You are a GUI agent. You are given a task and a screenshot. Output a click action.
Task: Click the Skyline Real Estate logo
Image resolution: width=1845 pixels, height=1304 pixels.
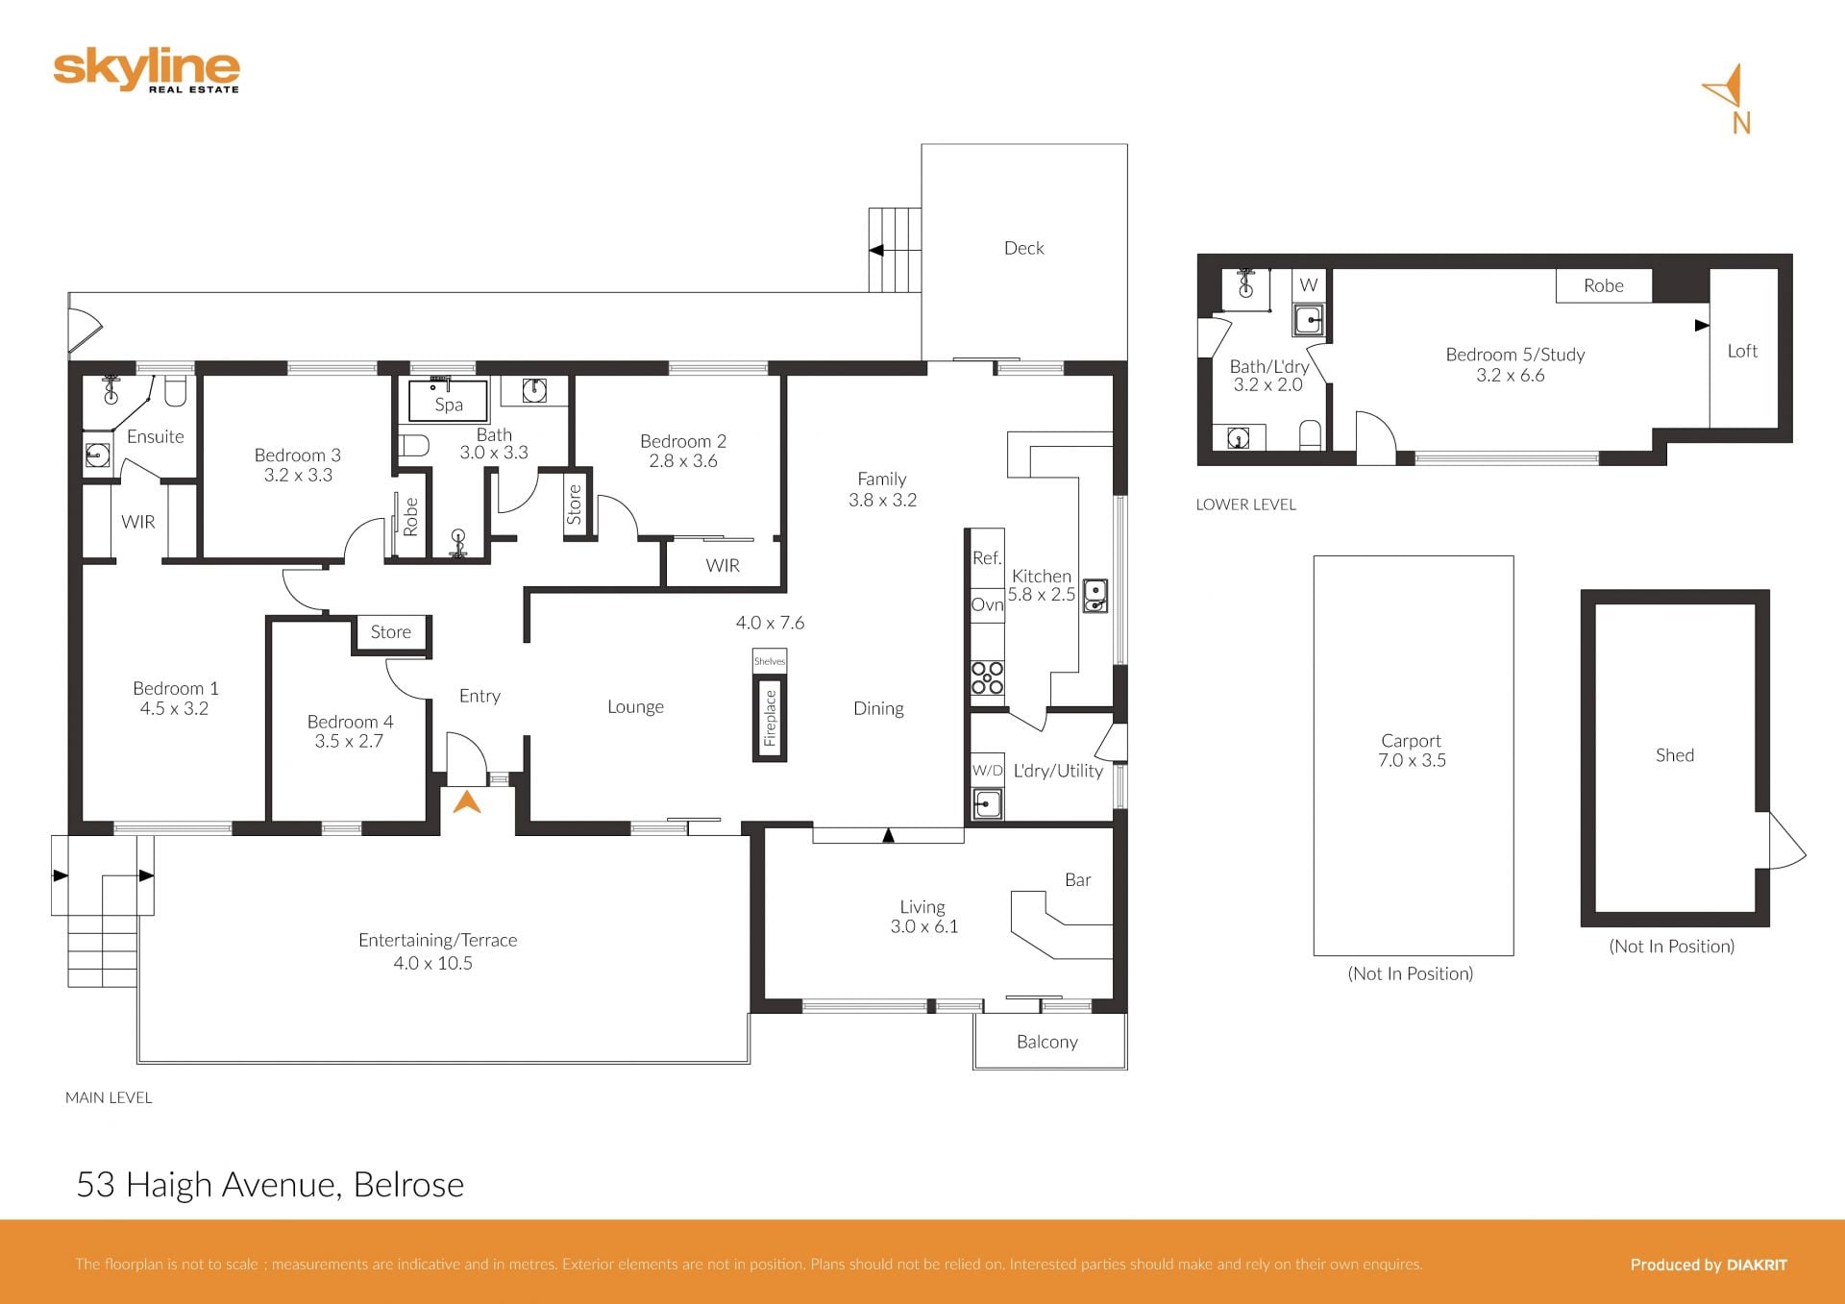click(x=146, y=72)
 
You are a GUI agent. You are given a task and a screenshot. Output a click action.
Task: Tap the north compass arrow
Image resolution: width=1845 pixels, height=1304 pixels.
click(x=1727, y=87)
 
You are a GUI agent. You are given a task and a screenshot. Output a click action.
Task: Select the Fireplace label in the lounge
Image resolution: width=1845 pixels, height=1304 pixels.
click(x=770, y=718)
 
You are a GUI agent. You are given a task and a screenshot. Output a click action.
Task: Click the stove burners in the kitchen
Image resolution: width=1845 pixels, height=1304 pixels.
click(x=987, y=677)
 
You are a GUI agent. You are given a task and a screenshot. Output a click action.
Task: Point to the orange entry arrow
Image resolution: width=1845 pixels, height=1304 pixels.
click(x=467, y=801)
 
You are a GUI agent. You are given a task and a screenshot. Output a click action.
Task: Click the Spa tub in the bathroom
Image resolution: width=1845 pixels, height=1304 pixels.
click(x=448, y=402)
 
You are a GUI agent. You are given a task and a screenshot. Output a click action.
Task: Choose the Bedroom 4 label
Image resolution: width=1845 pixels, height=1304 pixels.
click(x=350, y=722)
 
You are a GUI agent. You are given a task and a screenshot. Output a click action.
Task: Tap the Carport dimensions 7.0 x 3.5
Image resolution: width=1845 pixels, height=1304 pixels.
click(x=1412, y=760)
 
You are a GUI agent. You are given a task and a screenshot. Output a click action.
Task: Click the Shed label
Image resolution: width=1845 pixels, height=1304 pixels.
click(x=1675, y=755)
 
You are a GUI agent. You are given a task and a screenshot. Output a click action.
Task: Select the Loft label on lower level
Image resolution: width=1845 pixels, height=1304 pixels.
click(x=1742, y=352)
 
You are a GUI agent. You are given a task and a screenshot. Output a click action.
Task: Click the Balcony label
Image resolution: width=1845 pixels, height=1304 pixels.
click(x=1047, y=1043)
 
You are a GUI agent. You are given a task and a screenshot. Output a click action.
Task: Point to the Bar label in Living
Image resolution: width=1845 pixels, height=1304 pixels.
click(x=1077, y=880)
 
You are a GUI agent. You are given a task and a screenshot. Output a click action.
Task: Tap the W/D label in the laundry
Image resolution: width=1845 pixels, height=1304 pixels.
click(x=987, y=771)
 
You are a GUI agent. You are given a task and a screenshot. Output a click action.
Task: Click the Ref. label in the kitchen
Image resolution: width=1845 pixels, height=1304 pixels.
click(x=987, y=558)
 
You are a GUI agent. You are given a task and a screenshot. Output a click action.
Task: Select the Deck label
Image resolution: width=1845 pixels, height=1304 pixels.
click(x=1023, y=248)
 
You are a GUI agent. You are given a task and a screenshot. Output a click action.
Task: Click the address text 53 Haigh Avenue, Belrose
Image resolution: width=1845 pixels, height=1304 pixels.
click(x=270, y=1185)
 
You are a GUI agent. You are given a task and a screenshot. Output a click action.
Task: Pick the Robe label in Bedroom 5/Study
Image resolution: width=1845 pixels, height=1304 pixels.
click(x=1603, y=285)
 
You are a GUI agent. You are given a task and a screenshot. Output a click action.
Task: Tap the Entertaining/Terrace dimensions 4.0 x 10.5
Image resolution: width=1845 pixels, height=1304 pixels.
click(x=433, y=963)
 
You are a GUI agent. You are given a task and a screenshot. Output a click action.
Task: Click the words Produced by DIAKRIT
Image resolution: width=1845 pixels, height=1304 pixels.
click(x=1709, y=1265)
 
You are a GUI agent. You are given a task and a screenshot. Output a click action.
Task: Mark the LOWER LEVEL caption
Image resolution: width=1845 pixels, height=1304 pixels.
click(x=1245, y=504)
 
